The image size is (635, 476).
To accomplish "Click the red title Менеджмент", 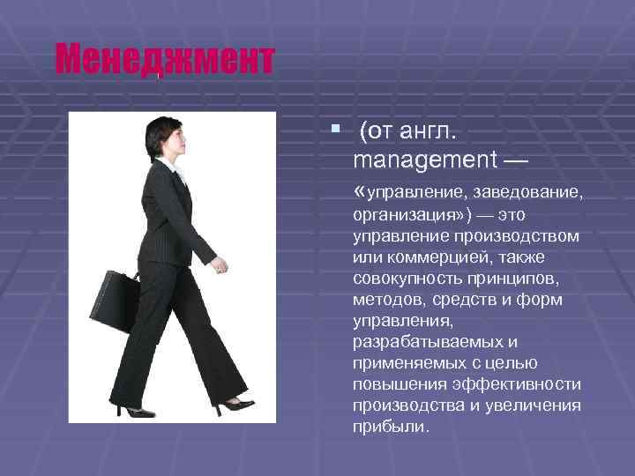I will click(x=164, y=60).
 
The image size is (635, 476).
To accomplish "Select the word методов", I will click(x=386, y=300).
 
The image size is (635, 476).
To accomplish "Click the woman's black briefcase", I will click(x=114, y=300).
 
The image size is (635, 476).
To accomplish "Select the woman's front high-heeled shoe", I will click(x=235, y=405).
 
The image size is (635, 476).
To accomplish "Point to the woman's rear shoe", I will click(x=134, y=410).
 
